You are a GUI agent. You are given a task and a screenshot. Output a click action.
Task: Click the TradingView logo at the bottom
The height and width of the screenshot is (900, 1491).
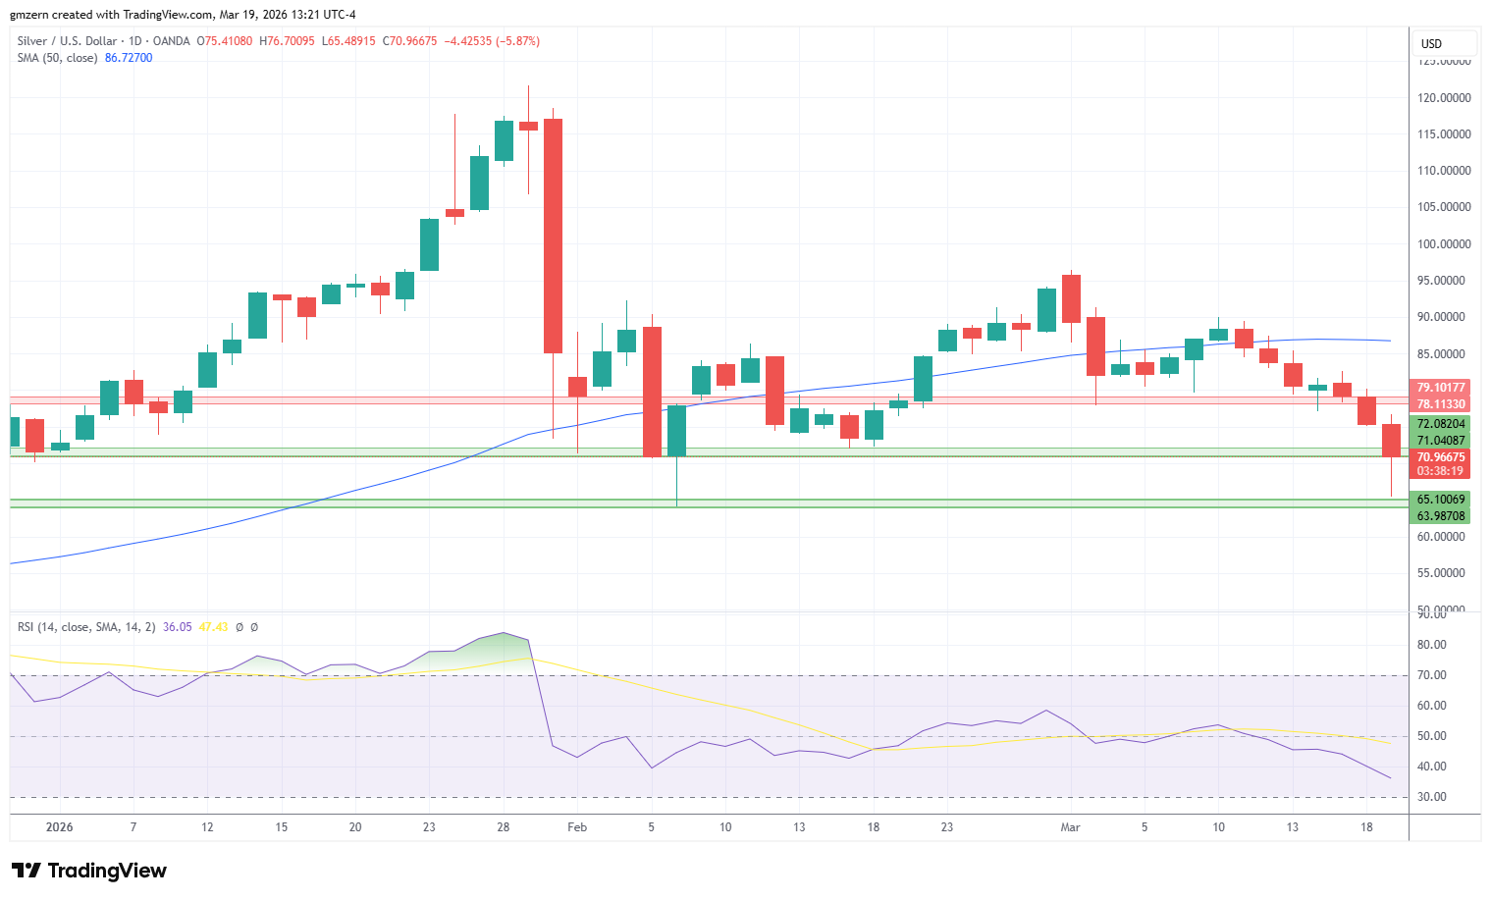click(x=89, y=871)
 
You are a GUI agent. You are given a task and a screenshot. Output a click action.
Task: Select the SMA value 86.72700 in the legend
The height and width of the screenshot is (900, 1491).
click(x=129, y=58)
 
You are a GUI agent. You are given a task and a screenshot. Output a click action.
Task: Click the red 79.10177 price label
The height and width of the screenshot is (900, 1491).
click(x=1440, y=388)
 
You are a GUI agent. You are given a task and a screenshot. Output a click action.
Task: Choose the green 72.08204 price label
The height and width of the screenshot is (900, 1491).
click(x=1440, y=424)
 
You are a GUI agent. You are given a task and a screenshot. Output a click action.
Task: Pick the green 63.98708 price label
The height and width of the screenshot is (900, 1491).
click(x=1440, y=516)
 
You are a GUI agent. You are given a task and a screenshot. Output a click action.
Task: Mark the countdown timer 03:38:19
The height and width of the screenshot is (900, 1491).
click(x=1440, y=471)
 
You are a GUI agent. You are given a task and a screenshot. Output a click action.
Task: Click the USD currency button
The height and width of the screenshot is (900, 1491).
click(x=1432, y=43)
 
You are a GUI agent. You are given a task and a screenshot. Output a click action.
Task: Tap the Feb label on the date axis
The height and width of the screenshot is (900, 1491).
click(x=577, y=827)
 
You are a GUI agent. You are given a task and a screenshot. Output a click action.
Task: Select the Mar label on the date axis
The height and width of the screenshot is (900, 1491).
click(x=1070, y=827)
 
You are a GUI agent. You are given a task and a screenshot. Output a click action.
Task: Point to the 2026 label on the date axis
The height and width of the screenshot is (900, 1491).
click(x=60, y=827)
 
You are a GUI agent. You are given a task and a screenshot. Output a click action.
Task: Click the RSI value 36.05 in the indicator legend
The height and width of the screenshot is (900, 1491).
click(x=178, y=627)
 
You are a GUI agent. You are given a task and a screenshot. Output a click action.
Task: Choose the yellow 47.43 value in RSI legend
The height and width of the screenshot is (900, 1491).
click(x=213, y=627)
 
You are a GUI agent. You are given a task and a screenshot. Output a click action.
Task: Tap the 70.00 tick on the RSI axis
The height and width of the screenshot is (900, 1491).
click(x=1432, y=675)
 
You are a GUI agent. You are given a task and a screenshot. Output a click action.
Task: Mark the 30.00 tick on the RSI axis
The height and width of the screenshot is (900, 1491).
click(x=1432, y=797)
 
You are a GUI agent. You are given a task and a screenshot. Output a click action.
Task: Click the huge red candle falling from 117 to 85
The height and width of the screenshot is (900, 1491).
click(x=553, y=236)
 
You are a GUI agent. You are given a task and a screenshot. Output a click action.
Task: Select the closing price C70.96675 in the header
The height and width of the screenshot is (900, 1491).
click(x=409, y=41)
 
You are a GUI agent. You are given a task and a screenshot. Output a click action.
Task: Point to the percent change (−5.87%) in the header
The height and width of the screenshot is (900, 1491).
click(x=518, y=41)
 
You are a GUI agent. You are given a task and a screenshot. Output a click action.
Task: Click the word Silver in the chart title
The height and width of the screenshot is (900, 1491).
click(x=31, y=41)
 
